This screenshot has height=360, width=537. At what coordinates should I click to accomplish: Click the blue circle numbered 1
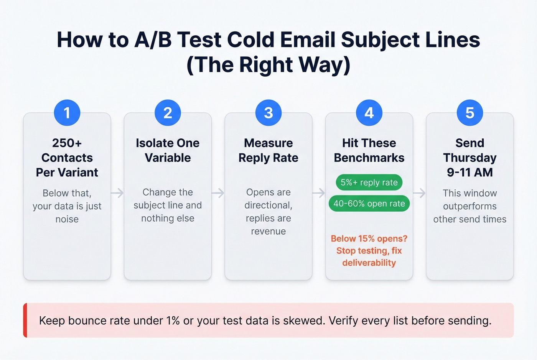[67, 113]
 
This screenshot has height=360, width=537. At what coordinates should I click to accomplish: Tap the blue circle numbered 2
[168, 113]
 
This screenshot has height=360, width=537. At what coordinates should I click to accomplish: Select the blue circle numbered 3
[268, 113]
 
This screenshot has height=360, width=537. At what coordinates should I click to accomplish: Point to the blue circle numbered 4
[369, 113]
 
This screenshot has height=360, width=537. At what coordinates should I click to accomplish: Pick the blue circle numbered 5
[470, 113]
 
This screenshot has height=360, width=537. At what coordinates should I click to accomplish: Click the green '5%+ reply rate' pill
[369, 182]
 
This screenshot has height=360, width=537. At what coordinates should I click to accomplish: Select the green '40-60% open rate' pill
[369, 204]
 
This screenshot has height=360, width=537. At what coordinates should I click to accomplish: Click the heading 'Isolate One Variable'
[168, 150]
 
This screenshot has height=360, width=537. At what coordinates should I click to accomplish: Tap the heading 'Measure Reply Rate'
[268, 150]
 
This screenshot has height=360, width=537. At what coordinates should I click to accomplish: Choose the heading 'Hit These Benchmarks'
[369, 150]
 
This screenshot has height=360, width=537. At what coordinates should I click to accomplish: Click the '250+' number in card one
[67, 143]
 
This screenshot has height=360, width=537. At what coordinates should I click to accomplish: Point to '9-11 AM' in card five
[470, 173]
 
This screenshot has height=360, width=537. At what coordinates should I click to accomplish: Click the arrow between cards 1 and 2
[117, 193]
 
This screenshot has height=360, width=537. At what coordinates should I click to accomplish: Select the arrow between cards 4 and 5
[419, 193]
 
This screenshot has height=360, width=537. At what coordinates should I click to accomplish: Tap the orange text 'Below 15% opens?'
[369, 238]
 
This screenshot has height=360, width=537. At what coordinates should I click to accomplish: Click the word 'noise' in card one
[67, 219]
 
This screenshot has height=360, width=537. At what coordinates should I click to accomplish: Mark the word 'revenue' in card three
[268, 231]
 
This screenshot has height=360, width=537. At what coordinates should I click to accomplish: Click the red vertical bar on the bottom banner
[25, 320]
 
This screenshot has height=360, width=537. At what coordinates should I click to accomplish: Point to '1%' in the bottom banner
[173, 321]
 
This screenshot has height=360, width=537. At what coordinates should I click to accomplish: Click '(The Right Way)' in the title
[268, 64]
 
